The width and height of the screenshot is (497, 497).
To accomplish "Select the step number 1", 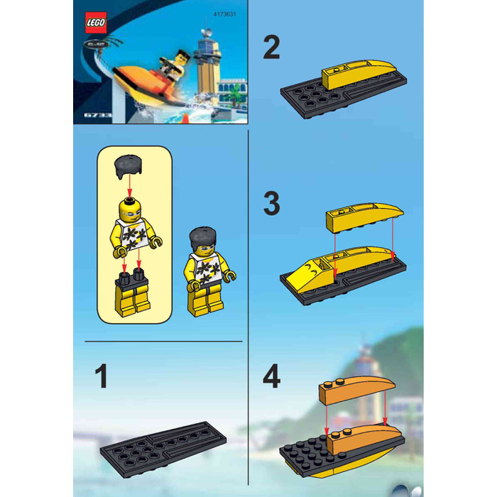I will click(x=102, y=376).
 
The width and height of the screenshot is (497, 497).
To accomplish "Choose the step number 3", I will click(x=272, y=204).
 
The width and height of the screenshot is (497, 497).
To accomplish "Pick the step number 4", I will click(x=272, y=376).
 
